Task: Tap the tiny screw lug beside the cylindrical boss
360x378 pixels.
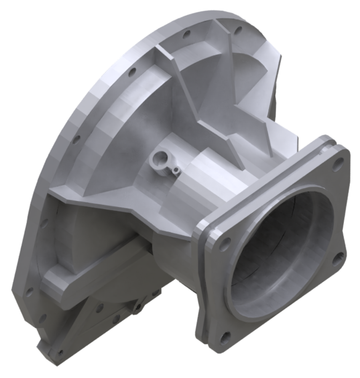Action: click(x=176, y=170)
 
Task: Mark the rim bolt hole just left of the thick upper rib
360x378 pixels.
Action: click(x=131, y=72)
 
